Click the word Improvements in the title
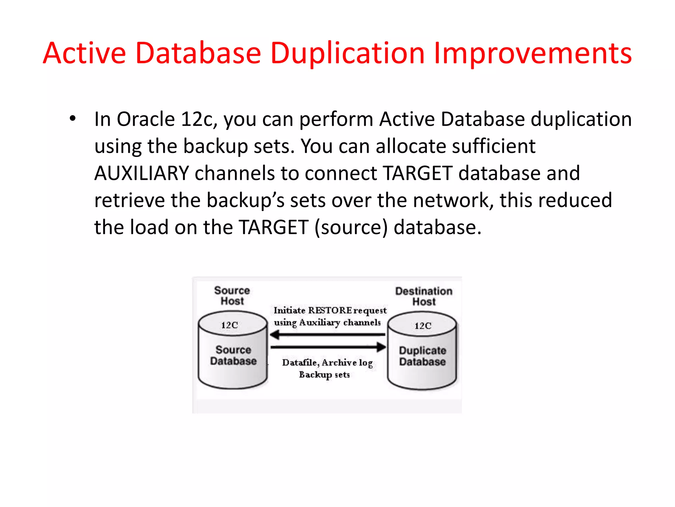point(533,54)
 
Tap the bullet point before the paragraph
point(73,118)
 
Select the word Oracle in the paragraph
point(146,119)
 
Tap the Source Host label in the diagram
point(232,296)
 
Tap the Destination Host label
point(424,296)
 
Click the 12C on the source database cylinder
point(229,325)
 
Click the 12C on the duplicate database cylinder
point(423,326)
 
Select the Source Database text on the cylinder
point(233,355)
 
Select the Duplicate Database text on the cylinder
point(423,356)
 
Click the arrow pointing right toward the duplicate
point(328,347)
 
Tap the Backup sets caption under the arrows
point(324,375)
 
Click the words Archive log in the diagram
point(347,363)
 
